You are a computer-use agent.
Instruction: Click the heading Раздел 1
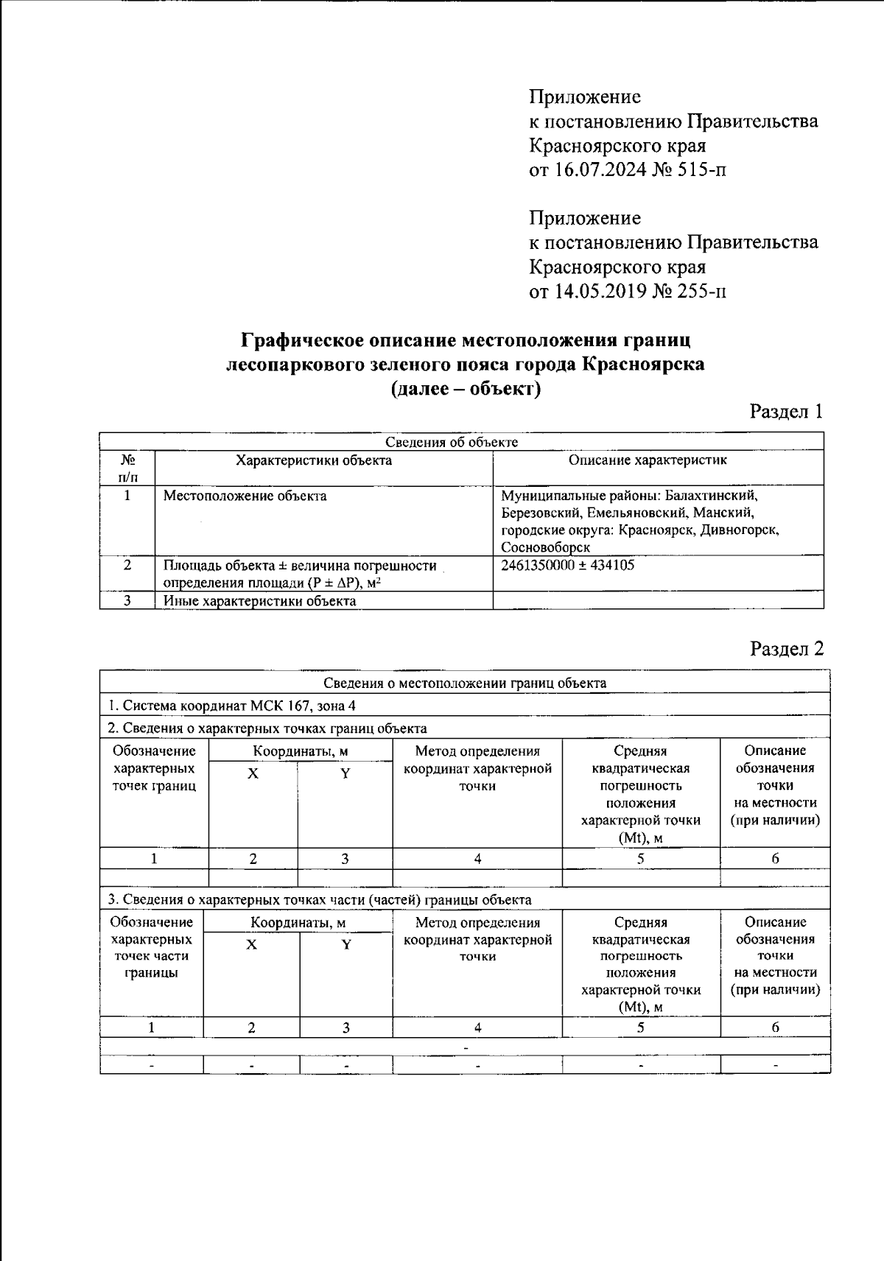click(785, 411)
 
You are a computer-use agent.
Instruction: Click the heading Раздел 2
click(785, 648)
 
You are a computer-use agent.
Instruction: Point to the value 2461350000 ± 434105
click(567, 566)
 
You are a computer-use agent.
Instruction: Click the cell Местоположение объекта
click(245, 496)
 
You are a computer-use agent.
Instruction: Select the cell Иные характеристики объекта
click(259, 601)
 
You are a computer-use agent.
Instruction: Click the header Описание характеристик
click(648, 460)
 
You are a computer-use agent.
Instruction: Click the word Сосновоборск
click(546, 548)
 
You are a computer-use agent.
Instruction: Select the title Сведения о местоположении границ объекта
click(465, 683)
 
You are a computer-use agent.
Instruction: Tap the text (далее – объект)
click(466, 388)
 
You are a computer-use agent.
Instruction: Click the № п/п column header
click(127, 468)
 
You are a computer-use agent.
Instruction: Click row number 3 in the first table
click(127, 601)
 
